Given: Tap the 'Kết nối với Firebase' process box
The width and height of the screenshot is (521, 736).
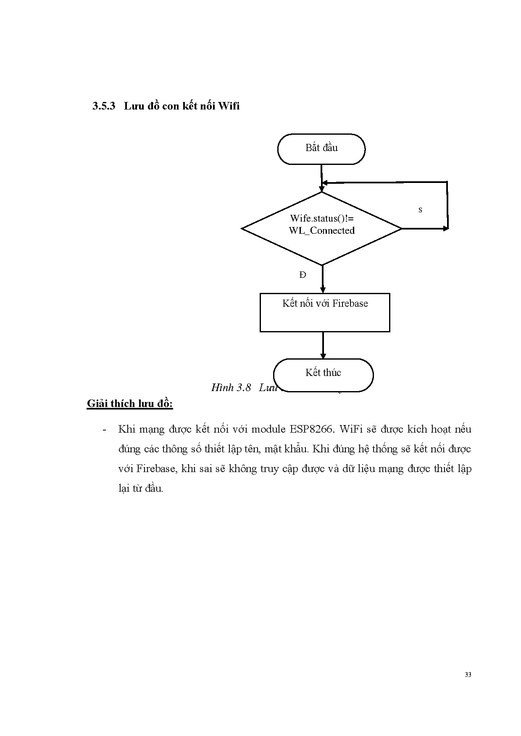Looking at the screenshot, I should coord(325,313).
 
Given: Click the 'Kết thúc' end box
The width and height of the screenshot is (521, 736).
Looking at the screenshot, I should coord(323,374).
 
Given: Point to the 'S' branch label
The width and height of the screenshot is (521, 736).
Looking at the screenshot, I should coord(420,210).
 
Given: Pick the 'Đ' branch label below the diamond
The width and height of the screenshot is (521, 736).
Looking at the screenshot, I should coord(303,275).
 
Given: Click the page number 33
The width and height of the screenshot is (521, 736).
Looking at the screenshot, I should coord(468,675).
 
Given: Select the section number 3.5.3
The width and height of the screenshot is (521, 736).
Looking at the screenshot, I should coord(104,106).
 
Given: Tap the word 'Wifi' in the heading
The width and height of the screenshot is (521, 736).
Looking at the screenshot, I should coord(229,106).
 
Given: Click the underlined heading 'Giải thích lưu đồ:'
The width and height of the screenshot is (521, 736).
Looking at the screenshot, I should coord(130,404).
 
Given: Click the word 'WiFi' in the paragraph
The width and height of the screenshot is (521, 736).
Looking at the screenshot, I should coord(350,430).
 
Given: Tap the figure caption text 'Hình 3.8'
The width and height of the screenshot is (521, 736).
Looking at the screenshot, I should coord(231,388).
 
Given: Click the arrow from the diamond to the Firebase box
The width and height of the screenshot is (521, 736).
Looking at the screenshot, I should coord(323,279).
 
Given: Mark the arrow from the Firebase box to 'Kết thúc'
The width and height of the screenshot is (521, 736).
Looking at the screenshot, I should coord(323,345).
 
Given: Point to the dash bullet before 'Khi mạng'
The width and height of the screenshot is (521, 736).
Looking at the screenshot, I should coord(104,430).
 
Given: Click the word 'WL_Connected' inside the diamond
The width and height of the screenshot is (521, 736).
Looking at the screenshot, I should coord(322,231).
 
